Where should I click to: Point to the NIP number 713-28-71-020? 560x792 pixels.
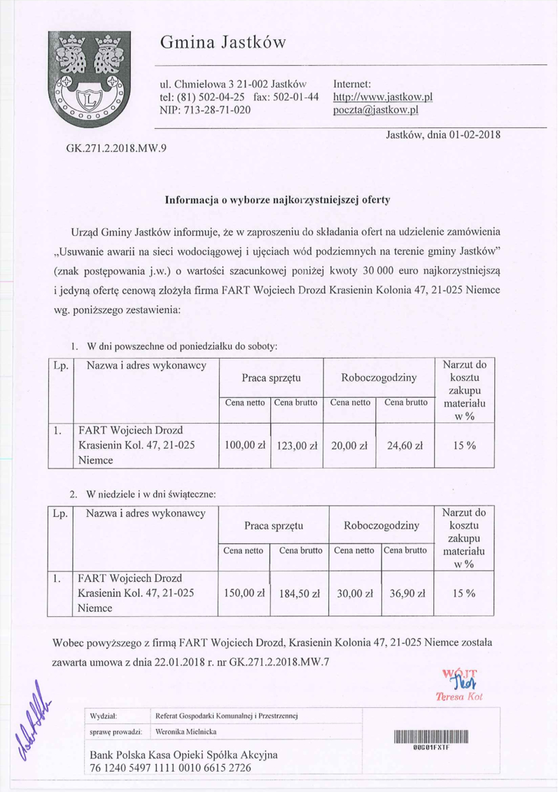tap(206, 110)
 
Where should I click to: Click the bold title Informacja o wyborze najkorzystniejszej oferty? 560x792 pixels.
tap(276, 199)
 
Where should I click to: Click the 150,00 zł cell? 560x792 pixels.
tap(245, 592)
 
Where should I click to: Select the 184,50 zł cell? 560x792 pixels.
tap(299, 593)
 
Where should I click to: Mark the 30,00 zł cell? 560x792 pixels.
tap(353, 592)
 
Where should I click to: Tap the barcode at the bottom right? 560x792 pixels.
tap(430, 737)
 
